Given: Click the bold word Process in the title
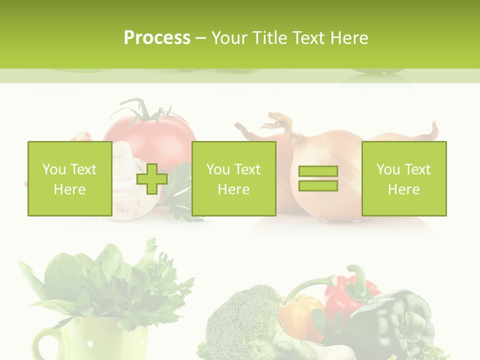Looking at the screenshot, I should click(157, 38).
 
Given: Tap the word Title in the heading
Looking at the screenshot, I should click(270, 38).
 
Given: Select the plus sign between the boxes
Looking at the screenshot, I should click(152, 179).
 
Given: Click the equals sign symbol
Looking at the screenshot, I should click(318, 178).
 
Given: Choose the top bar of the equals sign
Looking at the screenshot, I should click(318, 171).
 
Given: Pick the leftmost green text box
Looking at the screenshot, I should click(69, 178).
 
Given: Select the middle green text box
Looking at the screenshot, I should click(233, 178).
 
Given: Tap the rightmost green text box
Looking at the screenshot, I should click(403, 178).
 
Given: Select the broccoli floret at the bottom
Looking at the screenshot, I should click(240, 315).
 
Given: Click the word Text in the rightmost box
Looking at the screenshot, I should click(418, 169).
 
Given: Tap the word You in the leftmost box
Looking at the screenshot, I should click(54, 169).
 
